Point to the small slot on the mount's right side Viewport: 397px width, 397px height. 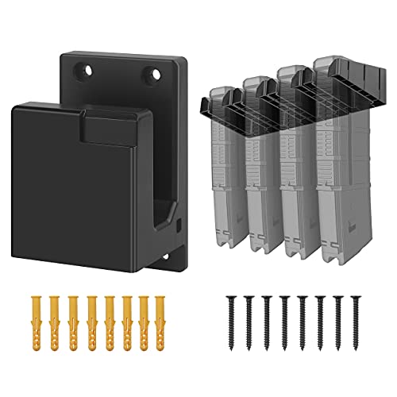[x=179, y=225]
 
